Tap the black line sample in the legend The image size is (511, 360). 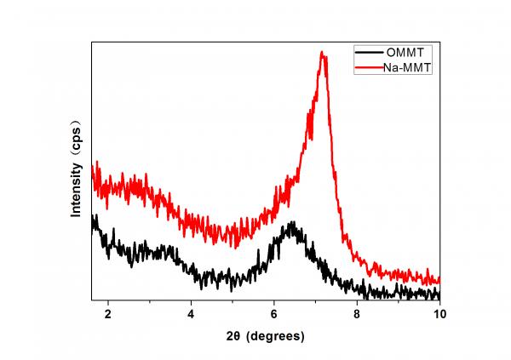coord(368,54)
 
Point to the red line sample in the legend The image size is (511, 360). coord(368,68)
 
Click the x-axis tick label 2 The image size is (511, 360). coord(108,312)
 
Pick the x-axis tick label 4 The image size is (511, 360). coord(191,312)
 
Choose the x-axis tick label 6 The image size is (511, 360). coord(273,312)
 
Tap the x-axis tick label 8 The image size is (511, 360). coord(357,312)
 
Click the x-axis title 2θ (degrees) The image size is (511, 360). coord(265,336)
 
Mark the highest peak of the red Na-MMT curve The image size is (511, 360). coord(322,53)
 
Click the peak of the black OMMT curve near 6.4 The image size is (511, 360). coord(292,223)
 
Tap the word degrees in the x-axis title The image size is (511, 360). coord(275,336)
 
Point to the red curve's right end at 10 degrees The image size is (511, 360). coord(439,280)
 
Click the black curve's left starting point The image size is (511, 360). coord(93,220)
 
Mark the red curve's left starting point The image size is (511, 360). coord(93,164)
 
